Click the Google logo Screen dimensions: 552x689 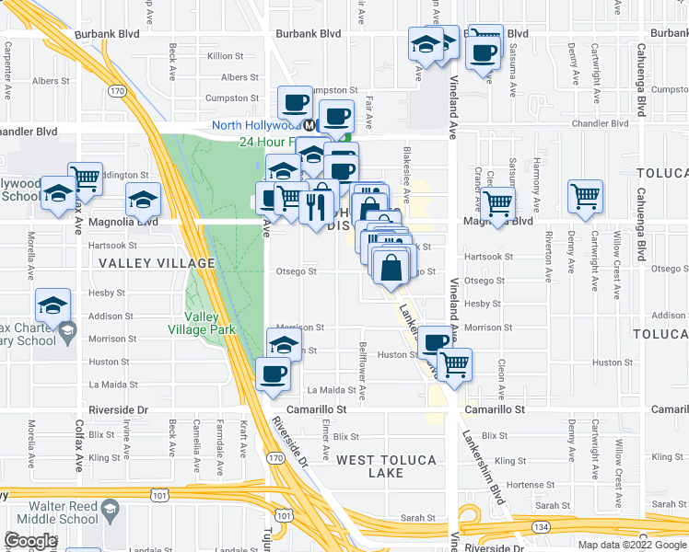pyautogui.click(x=29, y=541)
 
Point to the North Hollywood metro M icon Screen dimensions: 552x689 pyautogui.click(x=311, y=125)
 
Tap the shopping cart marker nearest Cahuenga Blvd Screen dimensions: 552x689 pyautogui.click(x=585, y=195)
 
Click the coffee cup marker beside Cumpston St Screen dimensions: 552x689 pyautogui.click(x=296, y=101)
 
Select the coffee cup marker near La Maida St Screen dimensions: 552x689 pyautogui.click(x=273, y=374)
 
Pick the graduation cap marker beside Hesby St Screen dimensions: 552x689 pyautogui.click(x=53, y=305)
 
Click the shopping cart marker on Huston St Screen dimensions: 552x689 pyautogui.click(x=454, y=363)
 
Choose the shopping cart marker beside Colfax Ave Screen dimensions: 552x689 pyautogui.click(x=85, y=177)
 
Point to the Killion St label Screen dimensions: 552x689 pyautogui.click(x=225, y=56)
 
